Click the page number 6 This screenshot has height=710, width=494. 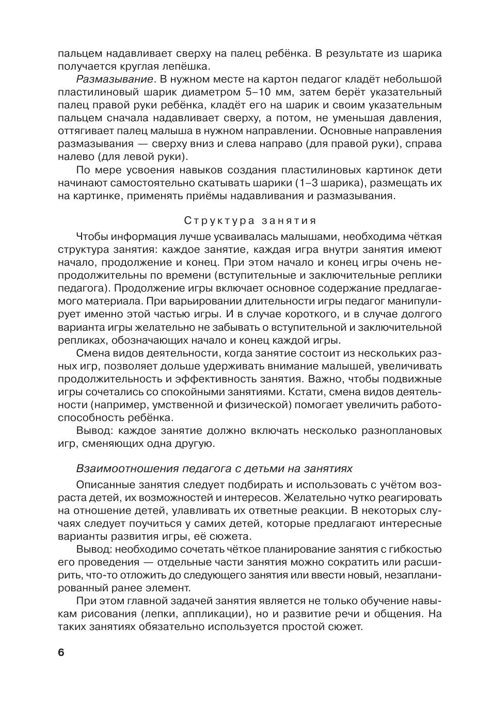click(x=61, y=653)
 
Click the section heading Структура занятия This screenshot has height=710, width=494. click(x=250, y=221)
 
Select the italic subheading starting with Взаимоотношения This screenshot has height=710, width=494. click(x=214, y=469)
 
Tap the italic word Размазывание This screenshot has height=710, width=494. click(x=115, y=79)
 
